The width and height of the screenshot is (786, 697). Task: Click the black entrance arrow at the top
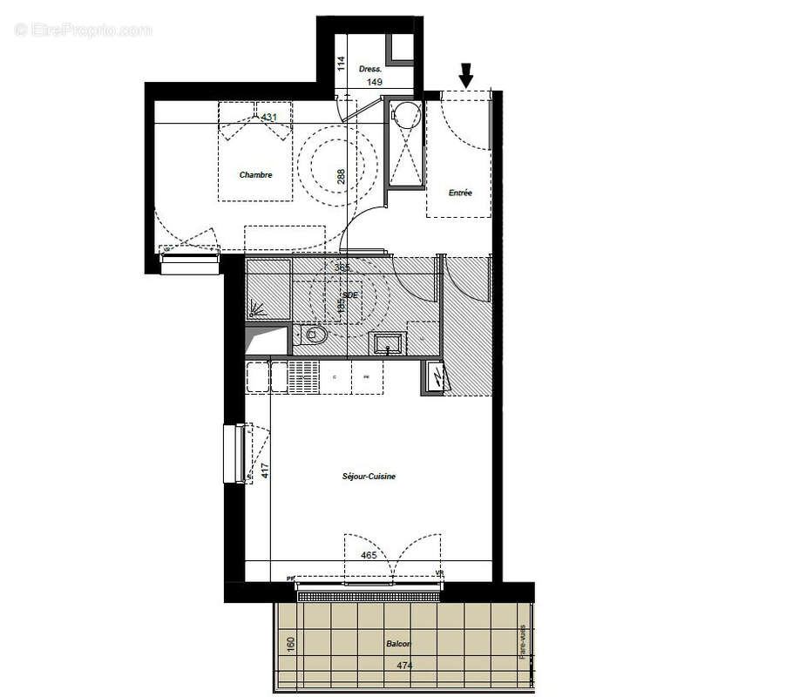click(x=466, y=76)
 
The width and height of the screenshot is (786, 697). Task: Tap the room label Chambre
click(x=255, y=175)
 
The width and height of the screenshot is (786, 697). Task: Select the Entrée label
click(x=460, y=193)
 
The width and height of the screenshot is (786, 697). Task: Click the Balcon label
click(x=397, y=645)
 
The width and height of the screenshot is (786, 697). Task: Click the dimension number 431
click(x=269, y=117)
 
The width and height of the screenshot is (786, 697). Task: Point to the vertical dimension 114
click(x=342, y=64)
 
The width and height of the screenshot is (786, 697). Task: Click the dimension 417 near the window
click(x=265, y=471)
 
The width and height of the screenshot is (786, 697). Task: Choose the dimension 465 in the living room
click(x=369, y=554)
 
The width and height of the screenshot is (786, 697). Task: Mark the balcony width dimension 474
click(x=403, y=666)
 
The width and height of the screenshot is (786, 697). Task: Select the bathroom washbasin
click(x=388, y=343)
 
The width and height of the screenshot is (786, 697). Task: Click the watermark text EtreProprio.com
click(x=84, y=30)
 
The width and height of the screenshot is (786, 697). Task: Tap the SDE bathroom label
click(x=350, y=295)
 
